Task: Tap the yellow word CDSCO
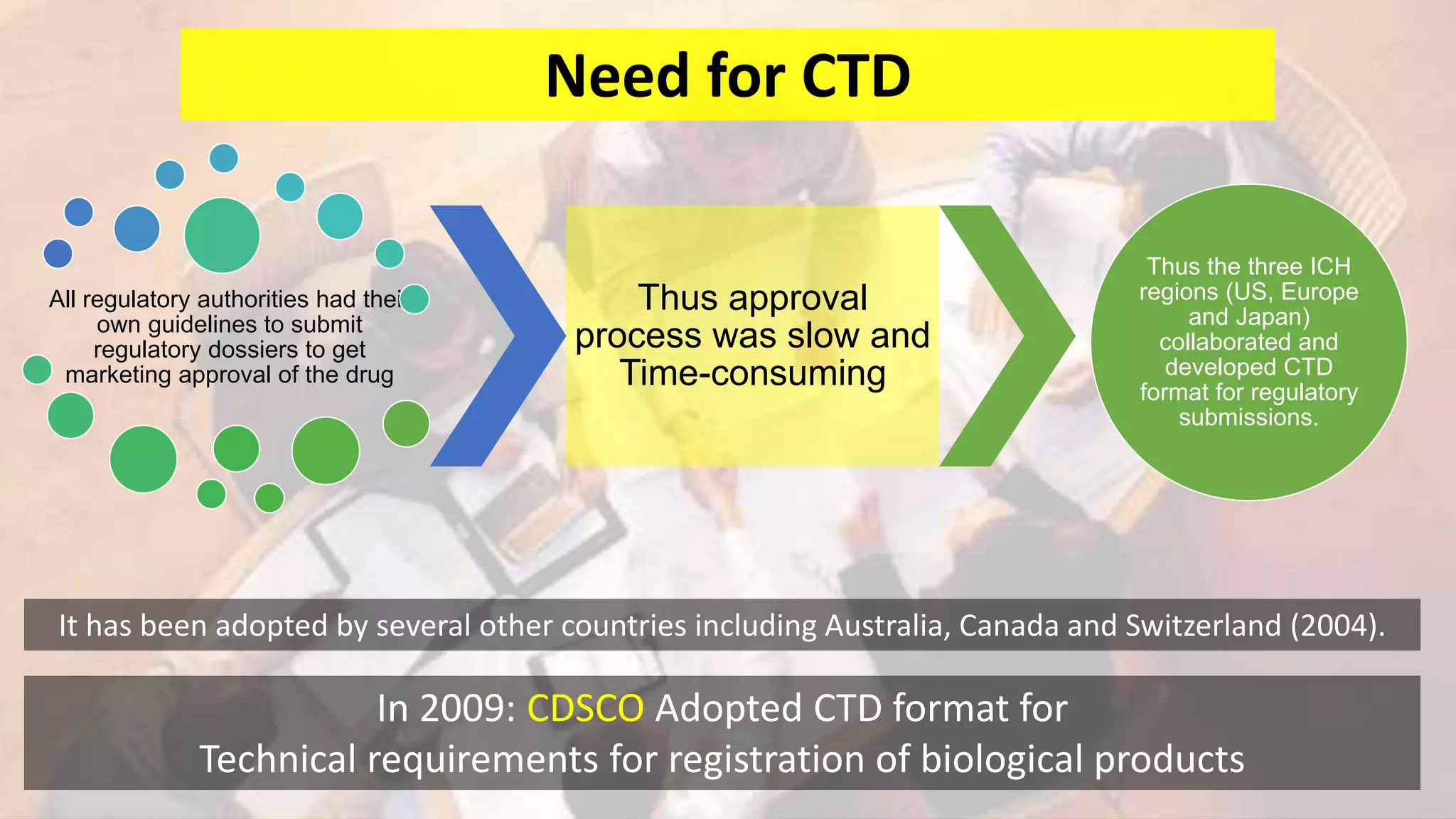(585, 708)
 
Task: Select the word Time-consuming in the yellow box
(752, 374)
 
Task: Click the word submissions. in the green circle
(1248, 417)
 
